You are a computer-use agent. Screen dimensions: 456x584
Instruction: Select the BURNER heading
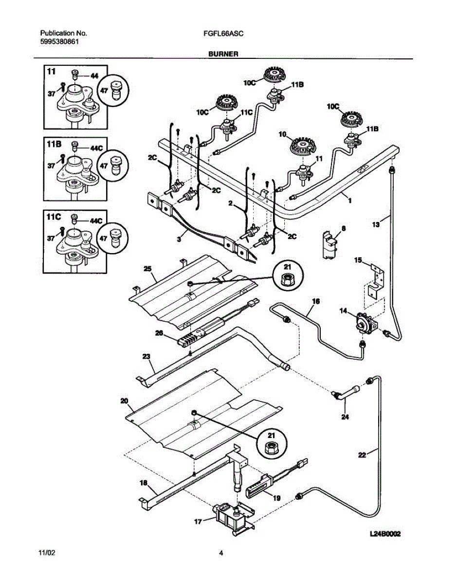click(223, 54)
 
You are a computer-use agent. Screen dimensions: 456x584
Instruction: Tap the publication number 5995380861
click(59, 42)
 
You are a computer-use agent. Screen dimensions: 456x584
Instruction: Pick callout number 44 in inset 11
click(94, 76)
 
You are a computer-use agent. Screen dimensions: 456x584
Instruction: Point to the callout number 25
click(147, 269)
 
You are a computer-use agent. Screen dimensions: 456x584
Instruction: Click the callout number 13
click(376, 225)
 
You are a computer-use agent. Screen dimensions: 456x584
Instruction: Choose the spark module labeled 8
click(329, 245)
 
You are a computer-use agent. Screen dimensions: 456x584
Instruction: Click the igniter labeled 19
click(260, 486)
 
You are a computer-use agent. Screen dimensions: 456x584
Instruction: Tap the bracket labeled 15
click(377, 281)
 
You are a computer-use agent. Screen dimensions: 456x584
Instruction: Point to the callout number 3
click(179, 239)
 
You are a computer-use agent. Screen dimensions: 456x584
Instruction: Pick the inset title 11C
click(54, 217)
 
